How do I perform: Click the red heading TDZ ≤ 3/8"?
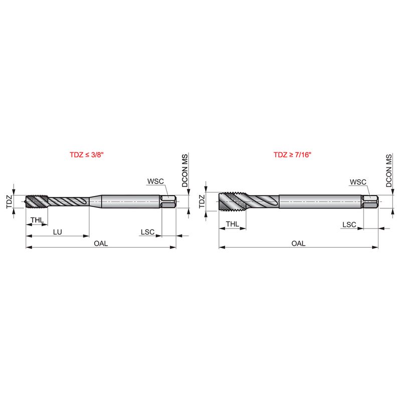(87, 155)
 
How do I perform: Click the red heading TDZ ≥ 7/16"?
(292, 155)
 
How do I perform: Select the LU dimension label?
(58, 232)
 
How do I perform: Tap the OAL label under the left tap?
(101, 243)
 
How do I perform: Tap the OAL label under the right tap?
(298, 243)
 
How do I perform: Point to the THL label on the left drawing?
(37, 220)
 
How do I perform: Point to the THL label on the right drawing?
(233, 224)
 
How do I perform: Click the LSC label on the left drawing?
(147, 232)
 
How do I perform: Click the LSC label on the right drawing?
(349, 225)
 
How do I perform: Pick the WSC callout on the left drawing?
(155, 181)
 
